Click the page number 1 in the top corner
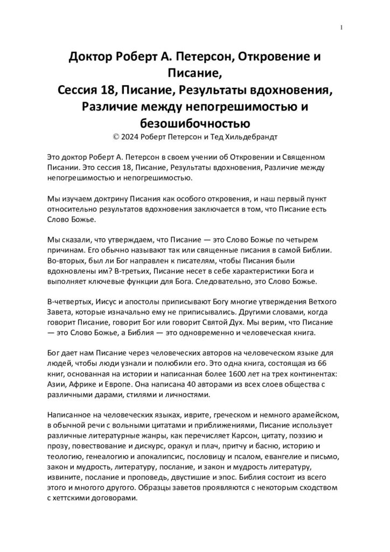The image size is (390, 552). coord(342,27)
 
